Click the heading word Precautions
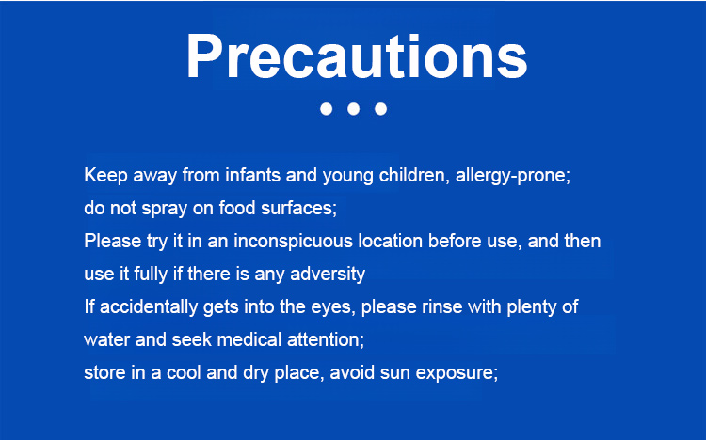pos(357,56)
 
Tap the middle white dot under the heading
pos(353,109)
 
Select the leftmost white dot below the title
pos(326,109)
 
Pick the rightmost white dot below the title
pos(380,109)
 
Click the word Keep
pos(105,176)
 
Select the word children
pos(414,175)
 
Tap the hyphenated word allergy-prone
pos(513,176)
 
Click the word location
pos(391,241)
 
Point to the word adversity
pos(328,275)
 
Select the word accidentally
pos(149,307)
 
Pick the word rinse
pos(442,306)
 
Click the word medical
pos(249,339)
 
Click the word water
pos(107,340)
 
